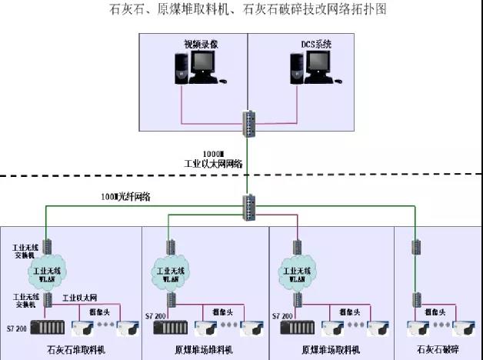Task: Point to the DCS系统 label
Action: point(316,45)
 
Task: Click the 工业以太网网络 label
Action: point(213,163)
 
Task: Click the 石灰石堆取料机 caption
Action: point(75,349)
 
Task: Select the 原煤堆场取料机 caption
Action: point(331,349)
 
